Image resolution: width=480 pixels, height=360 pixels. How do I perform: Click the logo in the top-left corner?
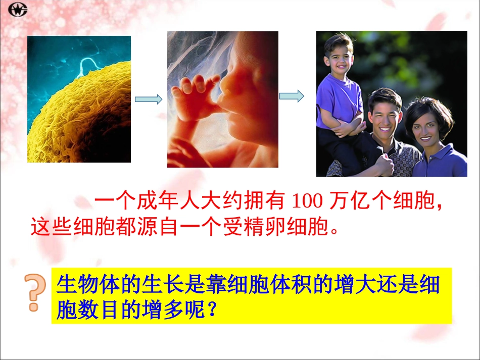[x=18, y=9]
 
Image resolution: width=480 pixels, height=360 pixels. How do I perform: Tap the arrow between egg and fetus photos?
[x=149, y=99]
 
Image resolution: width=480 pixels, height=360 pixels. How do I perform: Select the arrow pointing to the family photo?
[x=292, y=95]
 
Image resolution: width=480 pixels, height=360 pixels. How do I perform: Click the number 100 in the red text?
[x=307, y=202]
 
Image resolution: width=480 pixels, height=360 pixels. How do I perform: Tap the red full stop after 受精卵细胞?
[x=333, y=230]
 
